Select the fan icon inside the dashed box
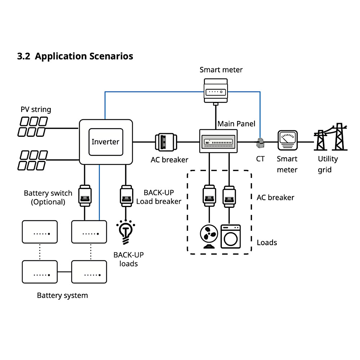click(208, 236)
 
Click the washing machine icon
click(230, 236)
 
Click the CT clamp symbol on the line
click(260, 143)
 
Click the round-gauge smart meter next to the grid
click(287, 140)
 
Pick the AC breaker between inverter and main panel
click(165, 141)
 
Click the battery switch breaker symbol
click(85, 195)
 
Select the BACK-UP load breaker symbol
click(126, 195)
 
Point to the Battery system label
click(62, 296)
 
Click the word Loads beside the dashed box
click(267, 242)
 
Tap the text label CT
click(260, 159)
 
